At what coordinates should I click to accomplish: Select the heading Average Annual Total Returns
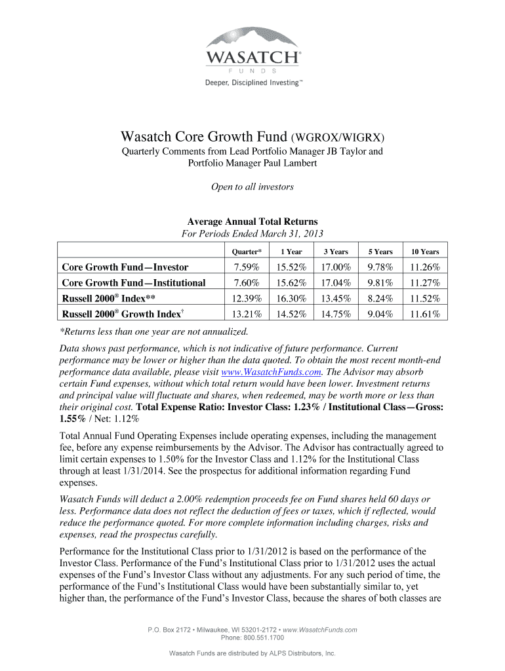point(252,221)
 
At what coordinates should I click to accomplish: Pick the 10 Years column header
point(425,252)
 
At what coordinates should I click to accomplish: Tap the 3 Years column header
point(335,252)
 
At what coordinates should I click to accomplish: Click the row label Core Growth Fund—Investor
point(125,267)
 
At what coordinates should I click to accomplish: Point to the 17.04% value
point(335,282)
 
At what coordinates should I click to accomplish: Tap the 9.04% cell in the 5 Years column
point(380,314)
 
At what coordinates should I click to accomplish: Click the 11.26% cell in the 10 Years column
point(425,267)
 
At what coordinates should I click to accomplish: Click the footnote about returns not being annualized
point(153,332)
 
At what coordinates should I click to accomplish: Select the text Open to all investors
point(252,187)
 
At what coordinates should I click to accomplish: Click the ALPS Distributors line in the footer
point(253,653)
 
